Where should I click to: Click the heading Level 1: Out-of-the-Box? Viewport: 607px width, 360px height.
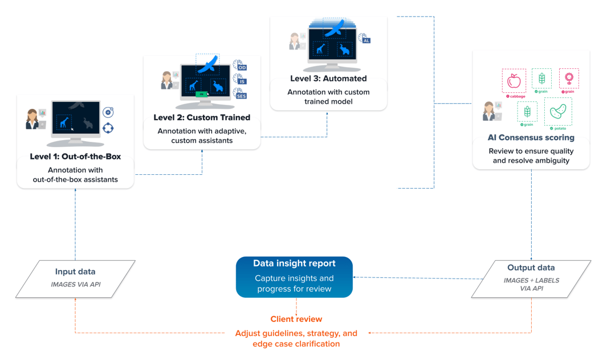click(75, 156)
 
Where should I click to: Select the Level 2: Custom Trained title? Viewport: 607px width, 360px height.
click(202, 117)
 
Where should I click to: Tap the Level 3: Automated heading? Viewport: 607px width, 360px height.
click(328, 79)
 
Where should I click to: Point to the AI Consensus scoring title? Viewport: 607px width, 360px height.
click(531, 137)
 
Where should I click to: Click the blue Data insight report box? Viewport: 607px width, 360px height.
click(294, 277)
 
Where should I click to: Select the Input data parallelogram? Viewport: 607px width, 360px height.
click(75, 279)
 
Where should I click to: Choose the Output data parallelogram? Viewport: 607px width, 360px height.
click(531, 279)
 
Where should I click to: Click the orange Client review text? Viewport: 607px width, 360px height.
click(296, 319)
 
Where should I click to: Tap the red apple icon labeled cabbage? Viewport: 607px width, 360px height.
click(514, 81)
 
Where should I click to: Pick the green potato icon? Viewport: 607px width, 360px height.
click(557, 111)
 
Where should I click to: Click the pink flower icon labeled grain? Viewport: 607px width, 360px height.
click(568, 79)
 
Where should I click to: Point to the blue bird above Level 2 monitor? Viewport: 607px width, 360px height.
click(209, 64)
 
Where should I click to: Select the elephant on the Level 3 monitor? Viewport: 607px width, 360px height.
click(344, 50)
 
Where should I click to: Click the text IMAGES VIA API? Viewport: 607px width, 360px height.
click(75, 284)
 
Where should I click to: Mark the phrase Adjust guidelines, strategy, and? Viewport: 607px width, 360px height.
click(296, 333)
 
